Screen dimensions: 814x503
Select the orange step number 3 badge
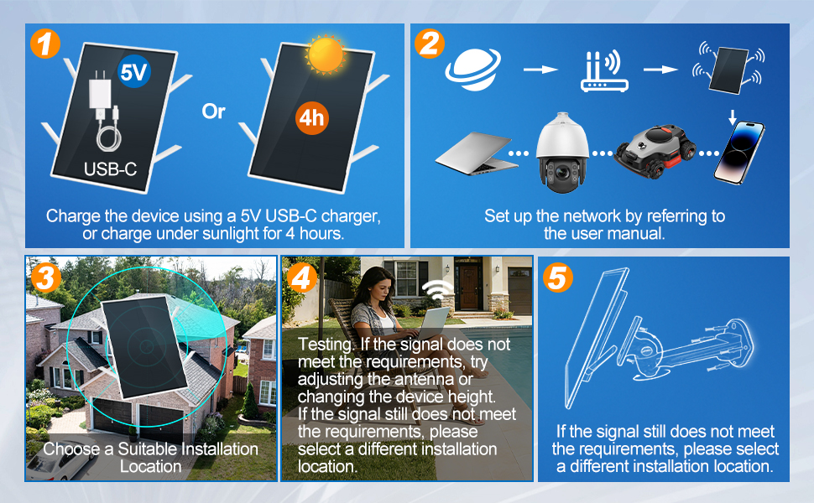(x=45, y=277)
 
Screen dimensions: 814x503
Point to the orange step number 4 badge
(x=301, y=277)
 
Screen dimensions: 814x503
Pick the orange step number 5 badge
(x=557, y=277)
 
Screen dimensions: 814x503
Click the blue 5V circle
(x=134, y=71)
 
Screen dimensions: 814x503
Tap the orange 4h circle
(x=312, y=118)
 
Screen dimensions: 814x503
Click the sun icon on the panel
(x=326, y=54)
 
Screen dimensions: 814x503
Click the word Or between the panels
(x=213, y=111)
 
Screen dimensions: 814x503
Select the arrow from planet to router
(x=540, y=70)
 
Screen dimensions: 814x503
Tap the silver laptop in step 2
(x=477, y=153)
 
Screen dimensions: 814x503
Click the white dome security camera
(x=562, y=152)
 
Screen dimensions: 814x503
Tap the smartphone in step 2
(x=739, y=153)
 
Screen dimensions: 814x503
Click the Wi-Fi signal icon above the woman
(x=438, y=290)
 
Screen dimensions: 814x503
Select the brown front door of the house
(x=469, y=288)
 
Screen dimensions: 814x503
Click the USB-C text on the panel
(x=111, y=169)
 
